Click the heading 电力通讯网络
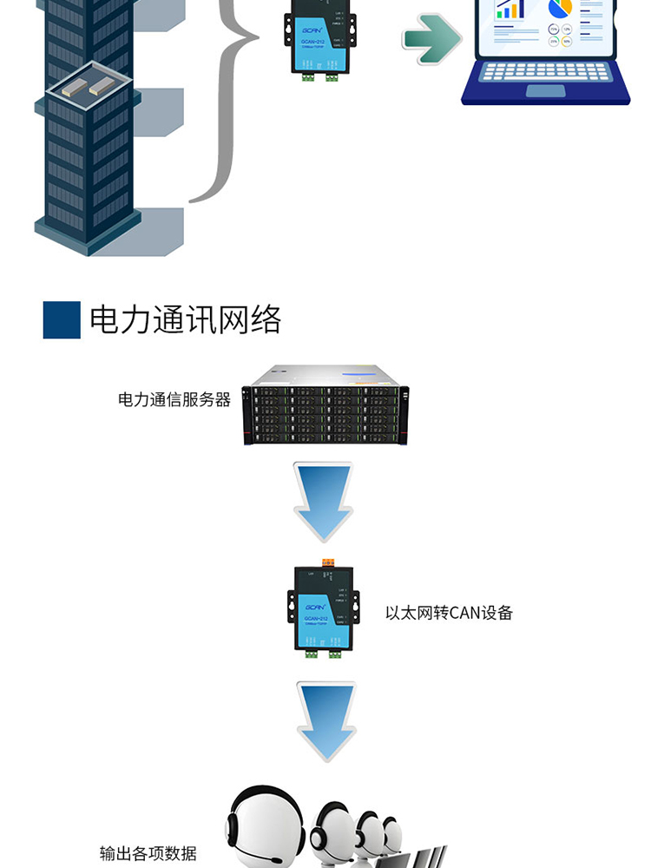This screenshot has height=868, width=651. pos(186,320)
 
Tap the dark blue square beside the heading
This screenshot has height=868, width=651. pos(62,320)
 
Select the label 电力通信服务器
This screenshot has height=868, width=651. pos(174,400)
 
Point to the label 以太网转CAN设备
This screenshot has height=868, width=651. pos(449,613)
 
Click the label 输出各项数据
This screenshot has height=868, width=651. pos(148,853)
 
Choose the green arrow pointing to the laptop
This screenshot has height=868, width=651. pos(431,38)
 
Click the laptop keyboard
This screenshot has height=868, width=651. pos(545,71)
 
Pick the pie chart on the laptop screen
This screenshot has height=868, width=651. pos(560,8)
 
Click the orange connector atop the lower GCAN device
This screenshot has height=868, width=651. pos(328,563)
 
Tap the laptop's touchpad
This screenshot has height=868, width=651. pos(545,90)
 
